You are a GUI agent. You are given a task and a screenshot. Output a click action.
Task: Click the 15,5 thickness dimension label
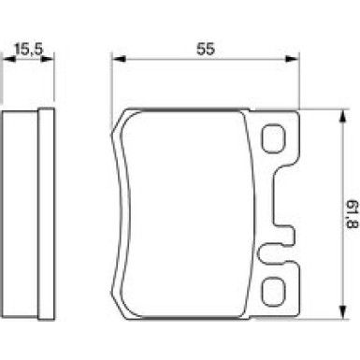(x=28, y=49)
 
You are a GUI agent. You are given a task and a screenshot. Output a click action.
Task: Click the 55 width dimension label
(x=206, y=49)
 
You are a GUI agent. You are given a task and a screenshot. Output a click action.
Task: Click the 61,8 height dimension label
(x=353, y=214)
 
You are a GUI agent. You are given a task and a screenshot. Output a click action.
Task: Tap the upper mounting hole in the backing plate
(x=273, y=138)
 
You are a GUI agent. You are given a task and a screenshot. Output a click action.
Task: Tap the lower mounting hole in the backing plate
(x=273, y=291)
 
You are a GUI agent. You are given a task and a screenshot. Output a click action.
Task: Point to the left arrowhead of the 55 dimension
(x=119, y=59)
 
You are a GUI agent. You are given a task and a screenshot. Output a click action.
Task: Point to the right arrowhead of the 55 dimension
(x=292, y=59)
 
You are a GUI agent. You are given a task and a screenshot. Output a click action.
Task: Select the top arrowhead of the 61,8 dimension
(x=342, y=117)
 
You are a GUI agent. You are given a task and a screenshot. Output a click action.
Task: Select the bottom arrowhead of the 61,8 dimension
(x=342, y=312)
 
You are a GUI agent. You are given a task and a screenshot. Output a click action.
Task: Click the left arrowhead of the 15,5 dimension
(x=8, y=59)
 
